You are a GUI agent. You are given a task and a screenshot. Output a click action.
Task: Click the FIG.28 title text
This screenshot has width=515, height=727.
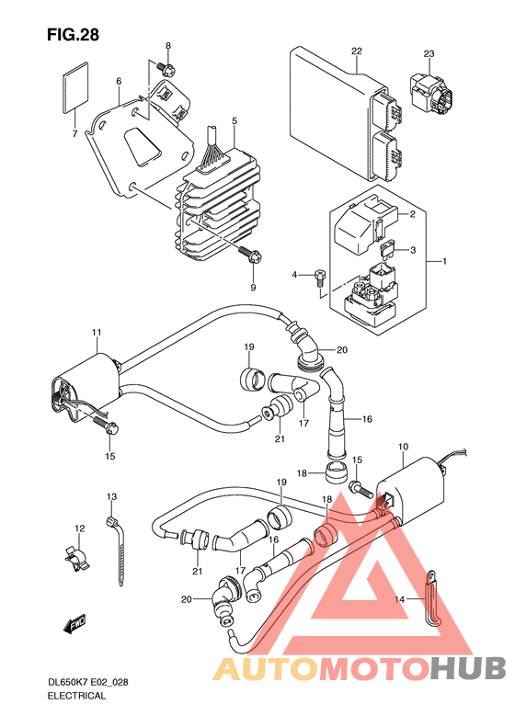coord(73,35)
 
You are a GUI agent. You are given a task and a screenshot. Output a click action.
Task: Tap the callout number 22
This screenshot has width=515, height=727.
coord(356,51)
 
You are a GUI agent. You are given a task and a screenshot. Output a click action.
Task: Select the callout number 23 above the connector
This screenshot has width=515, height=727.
coord(429,54)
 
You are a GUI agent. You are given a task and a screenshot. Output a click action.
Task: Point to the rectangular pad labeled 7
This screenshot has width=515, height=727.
coord(75,86)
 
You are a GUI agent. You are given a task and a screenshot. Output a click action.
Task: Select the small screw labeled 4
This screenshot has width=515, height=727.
coord(320,275)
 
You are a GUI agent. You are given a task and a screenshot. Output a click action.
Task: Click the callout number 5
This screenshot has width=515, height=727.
coord(235,121)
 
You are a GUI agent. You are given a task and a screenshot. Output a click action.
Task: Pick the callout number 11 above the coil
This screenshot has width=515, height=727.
coord(97,333)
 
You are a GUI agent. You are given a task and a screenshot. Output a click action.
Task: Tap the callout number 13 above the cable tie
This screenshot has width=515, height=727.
coord(112,497)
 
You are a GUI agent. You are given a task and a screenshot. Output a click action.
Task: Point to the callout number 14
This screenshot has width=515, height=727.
coord(399,599)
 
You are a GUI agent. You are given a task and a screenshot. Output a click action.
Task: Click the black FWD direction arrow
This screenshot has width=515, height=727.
coord(74,624)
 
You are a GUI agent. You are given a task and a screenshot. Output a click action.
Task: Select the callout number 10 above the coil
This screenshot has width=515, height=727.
coord(403,447)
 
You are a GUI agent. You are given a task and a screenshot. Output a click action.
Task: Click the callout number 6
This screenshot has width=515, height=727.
coord(119,82)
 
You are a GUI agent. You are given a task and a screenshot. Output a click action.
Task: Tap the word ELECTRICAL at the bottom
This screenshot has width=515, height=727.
coord(76,696)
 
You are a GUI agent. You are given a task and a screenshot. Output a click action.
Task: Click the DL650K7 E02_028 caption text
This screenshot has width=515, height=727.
coord(88,683)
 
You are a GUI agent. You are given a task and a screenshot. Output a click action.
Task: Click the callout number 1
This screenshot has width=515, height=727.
coord(444,262)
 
